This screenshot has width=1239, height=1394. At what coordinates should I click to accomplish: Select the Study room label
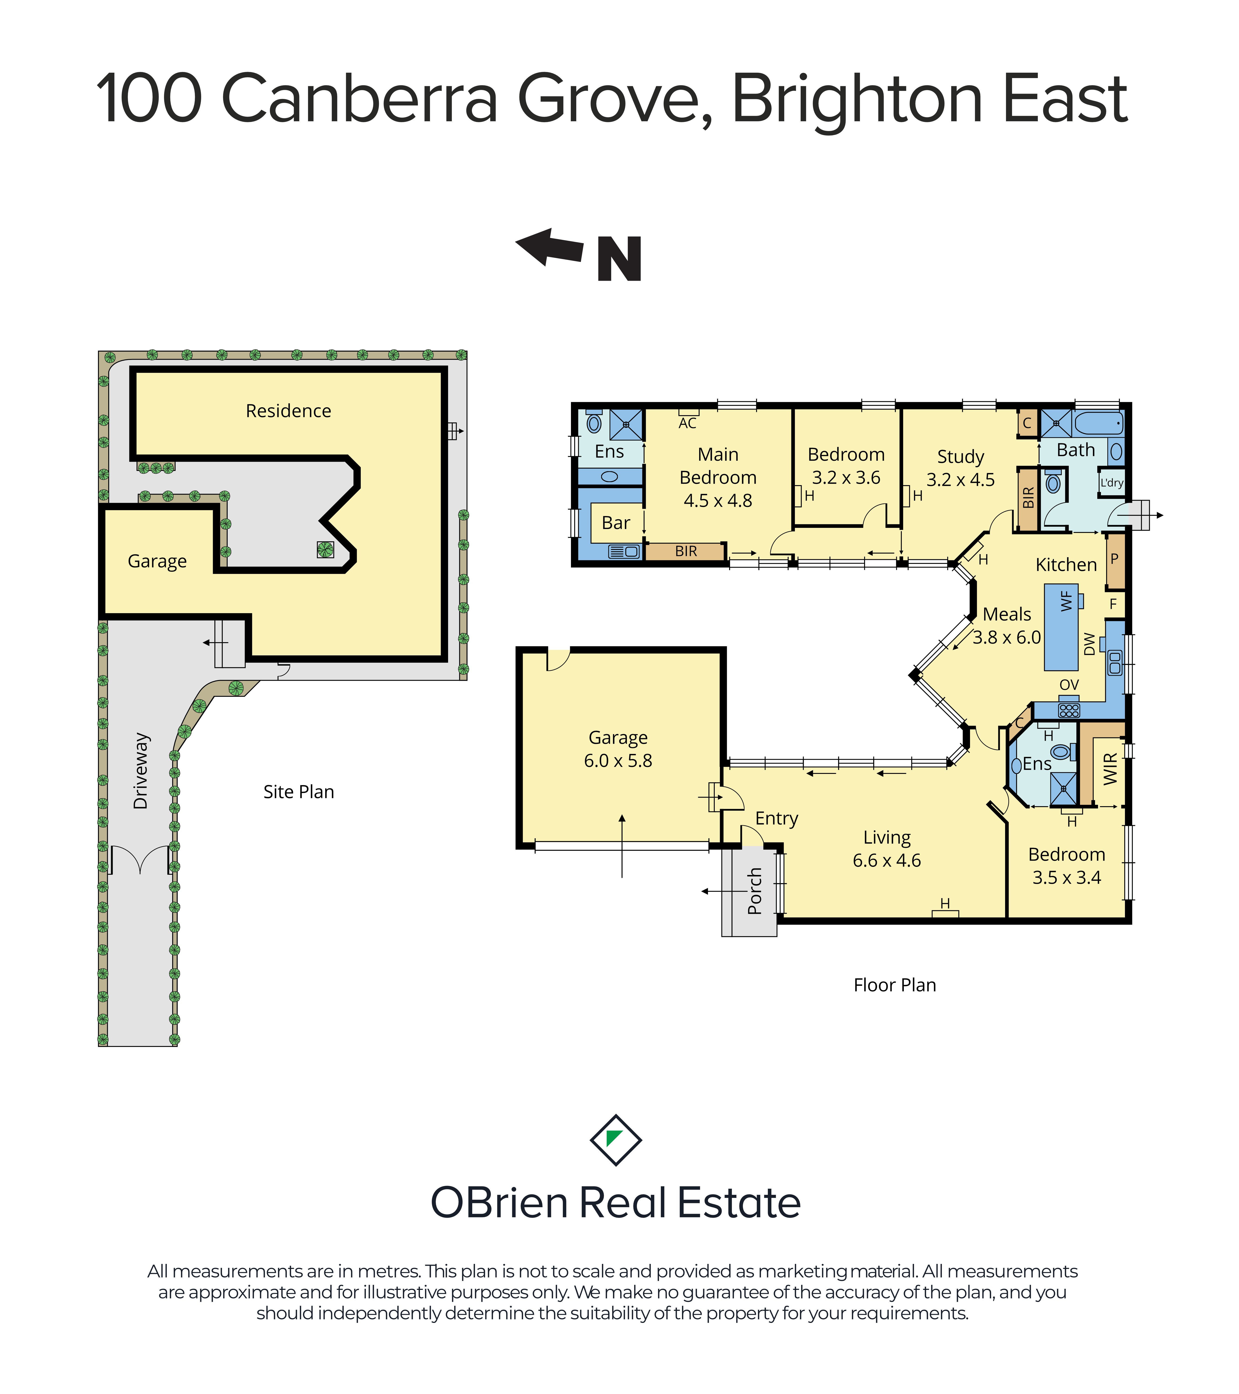coord(960,457)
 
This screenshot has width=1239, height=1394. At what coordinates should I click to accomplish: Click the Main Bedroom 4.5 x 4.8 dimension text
coord(718,501)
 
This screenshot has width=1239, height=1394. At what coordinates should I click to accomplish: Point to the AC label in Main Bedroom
coord(687,424)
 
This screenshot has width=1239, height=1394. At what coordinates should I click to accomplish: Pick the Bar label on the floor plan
coord(616,523)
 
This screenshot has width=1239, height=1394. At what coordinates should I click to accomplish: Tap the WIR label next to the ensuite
coord(1111,769)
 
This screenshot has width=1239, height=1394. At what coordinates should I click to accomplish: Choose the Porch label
coord(754,891)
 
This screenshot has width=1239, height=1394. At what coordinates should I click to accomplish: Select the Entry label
coord(777,819)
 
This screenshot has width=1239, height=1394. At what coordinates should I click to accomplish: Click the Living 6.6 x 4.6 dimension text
coord(886,861)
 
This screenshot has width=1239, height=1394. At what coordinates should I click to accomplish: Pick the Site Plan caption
coord(299,792)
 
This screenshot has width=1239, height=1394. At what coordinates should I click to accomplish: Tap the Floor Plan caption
coord(895,985)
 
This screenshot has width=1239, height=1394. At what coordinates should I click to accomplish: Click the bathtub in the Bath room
coord(1098,423)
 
